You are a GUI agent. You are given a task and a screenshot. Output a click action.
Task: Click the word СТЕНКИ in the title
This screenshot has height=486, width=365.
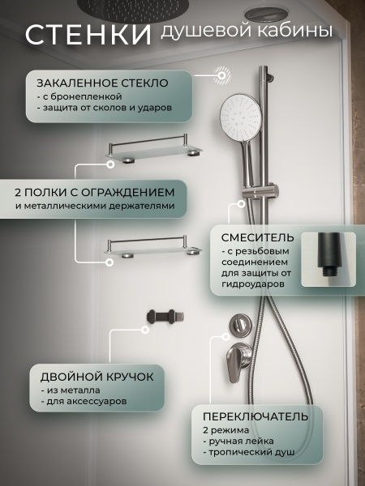click(x=88, y=34)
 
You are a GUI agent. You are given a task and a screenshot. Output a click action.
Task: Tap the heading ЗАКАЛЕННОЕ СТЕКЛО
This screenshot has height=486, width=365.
click(x=102, y=83)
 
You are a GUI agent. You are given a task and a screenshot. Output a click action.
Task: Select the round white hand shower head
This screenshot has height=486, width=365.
click(x=241, y=115)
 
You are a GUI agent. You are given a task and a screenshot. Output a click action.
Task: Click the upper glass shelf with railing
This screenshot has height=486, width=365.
click(x=153, y=148)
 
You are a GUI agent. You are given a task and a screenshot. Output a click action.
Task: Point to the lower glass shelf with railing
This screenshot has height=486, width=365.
click(x=152, y=247)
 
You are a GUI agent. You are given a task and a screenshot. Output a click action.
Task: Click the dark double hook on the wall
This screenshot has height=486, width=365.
click(x=165, y=317)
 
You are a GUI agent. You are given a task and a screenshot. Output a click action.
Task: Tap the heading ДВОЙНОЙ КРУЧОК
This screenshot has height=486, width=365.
click(x=97, y=377)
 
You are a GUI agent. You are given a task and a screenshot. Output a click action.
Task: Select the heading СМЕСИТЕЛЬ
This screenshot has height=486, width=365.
click(x=258, y=237)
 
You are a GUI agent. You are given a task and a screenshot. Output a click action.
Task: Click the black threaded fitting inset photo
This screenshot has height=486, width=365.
click(x=328, y=259)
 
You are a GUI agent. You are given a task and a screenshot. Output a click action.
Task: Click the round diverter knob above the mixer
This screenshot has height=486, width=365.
click(x=240, y=325)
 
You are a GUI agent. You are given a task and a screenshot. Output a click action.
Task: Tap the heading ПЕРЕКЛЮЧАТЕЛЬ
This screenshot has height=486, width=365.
click(x=255, y=416)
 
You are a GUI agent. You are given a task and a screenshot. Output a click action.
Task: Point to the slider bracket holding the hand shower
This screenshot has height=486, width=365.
click(x=260, y=191)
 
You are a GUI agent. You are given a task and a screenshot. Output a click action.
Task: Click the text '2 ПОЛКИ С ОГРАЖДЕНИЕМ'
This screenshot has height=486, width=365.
click(x=95, y=193)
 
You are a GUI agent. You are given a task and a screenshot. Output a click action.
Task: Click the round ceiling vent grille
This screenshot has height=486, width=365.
click(x=265, y=15)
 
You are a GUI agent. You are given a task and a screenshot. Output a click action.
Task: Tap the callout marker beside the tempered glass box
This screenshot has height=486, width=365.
click(x=222, y=75)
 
